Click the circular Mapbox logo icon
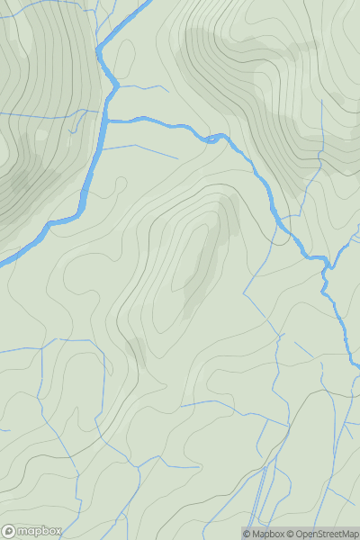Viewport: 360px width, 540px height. tap(10, 531)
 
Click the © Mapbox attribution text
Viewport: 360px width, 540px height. tap(266, 534)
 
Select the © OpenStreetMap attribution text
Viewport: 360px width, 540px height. tap(324, 534)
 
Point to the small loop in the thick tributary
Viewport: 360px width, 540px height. tap(214, 137)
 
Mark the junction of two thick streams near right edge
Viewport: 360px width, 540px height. tap(329, 266)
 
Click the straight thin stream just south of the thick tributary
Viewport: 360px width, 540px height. tap(144, 148)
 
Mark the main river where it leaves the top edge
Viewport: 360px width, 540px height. tap(142, 4)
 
